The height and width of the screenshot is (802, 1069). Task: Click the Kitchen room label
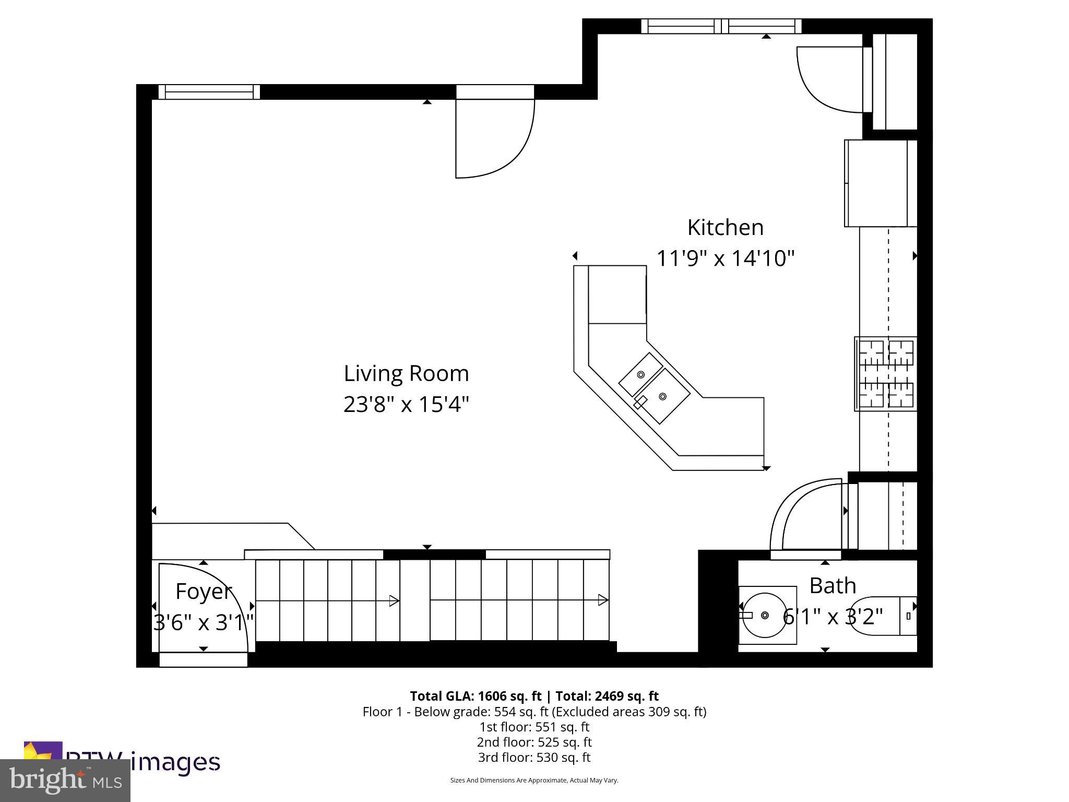[x=725, y=228]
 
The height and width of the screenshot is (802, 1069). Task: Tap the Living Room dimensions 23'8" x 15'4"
[x=406, y=404]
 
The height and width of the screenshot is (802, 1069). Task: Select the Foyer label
[x=203, y=591]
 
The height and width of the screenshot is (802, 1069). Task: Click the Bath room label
[x=833, y=586]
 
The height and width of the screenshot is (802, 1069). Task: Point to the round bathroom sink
[x=765, y=616]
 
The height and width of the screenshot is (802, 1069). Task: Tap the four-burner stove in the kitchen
[x=886, y=374]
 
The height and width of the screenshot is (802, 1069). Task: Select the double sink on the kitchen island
[x=654, y=387]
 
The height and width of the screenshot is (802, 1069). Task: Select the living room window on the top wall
[x=209, y=92]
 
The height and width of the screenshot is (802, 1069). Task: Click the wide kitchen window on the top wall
[x=721, y=26]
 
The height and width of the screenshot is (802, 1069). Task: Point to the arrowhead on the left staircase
[x=395, y=601]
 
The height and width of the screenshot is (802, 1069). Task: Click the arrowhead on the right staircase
[x=603, y=600]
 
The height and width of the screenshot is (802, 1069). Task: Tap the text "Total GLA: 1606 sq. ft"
[x=476, y=696]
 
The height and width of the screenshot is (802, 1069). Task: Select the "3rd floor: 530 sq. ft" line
[x=534, y=757]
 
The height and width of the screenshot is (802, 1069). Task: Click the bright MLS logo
[x=65, y=780]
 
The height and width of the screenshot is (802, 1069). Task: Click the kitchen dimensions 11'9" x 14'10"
[x=725, y=258]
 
